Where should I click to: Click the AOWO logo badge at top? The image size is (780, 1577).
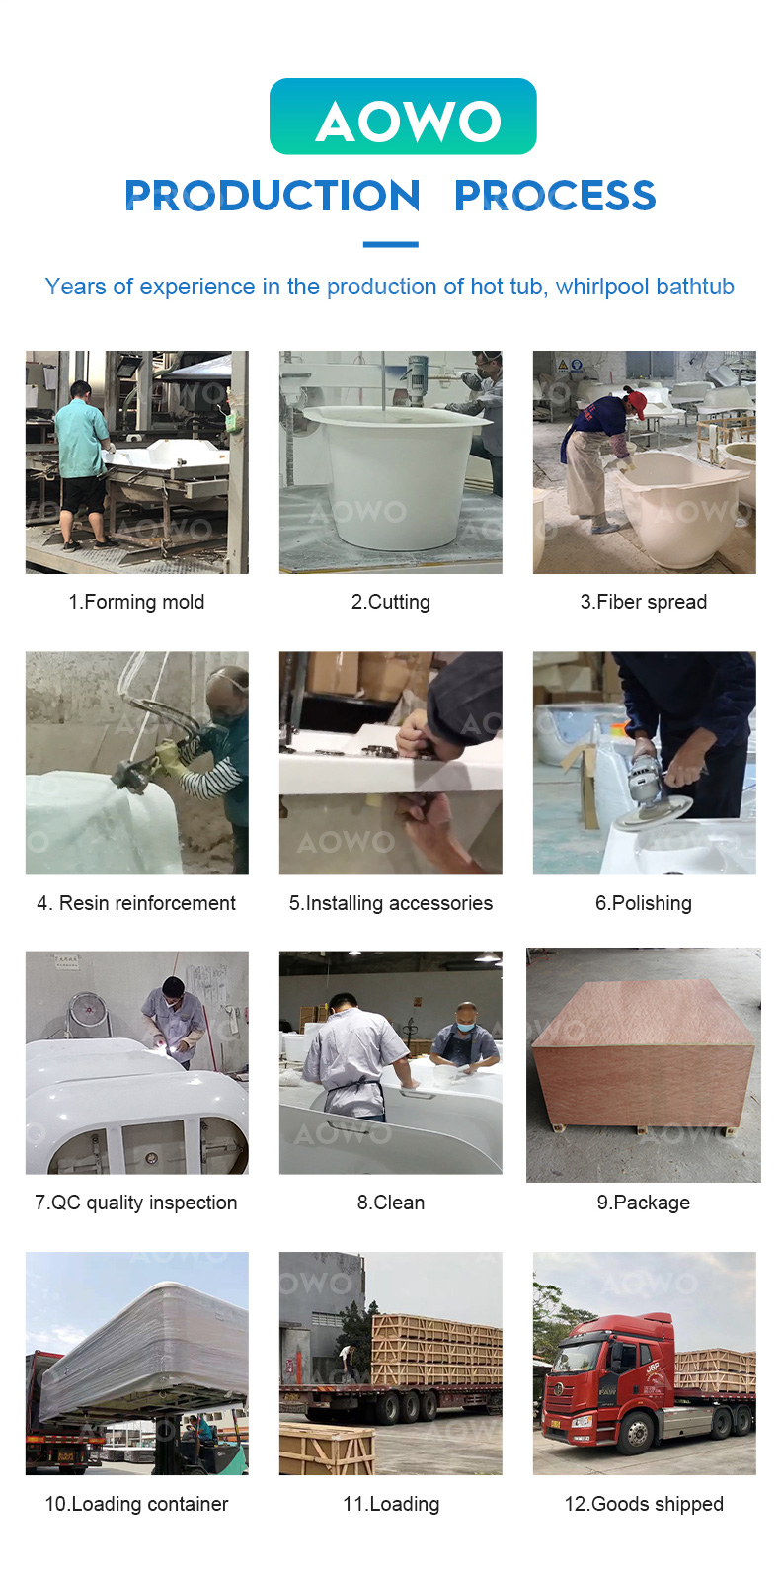click(402, 117)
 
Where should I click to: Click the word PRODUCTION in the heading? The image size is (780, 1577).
click(273, 195)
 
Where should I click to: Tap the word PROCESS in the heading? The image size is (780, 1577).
click(555, 195)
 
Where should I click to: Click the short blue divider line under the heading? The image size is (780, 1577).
click(390, 244)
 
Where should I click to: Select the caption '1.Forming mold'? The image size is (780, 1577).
click(136, 602)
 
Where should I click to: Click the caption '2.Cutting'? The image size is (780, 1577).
click(390, 602)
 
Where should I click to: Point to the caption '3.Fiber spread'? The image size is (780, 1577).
click(644, 602)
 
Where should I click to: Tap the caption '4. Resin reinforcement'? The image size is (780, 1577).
click(136, 902)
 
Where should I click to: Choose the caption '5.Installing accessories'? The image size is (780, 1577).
click(390, 903)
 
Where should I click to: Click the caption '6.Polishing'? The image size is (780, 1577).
click(644, 903)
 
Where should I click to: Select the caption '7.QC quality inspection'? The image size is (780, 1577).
click(135, 1203)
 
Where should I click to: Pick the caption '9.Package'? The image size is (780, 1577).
click(644, 1203)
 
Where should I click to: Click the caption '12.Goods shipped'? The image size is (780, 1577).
click(644, 1504)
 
